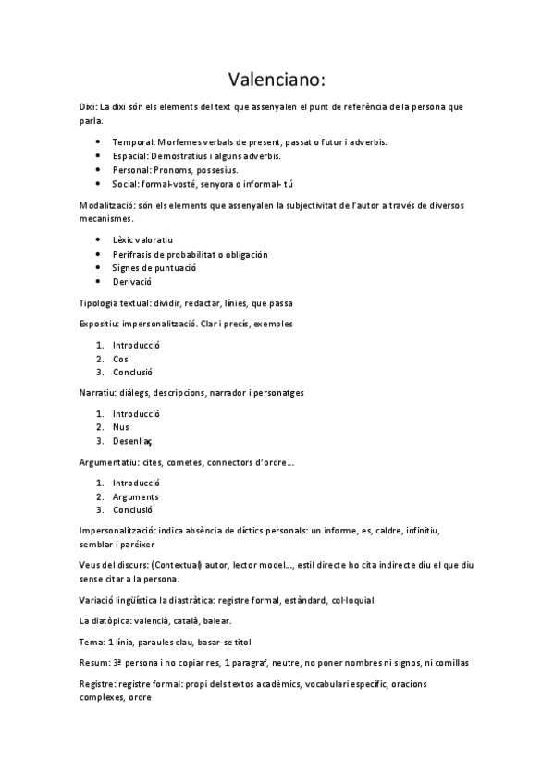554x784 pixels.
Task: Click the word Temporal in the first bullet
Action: tap(132, 142)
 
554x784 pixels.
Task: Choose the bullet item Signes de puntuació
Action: tap(154, 267)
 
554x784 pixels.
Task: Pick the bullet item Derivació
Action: tap(132, 281)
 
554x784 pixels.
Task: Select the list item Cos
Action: tap(120, 359)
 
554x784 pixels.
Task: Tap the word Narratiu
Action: tap(97, 392)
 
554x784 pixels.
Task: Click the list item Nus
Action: tap(121, 426)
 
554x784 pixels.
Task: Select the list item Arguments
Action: tap(136, 496)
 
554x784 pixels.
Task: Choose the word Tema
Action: tap(92, 642)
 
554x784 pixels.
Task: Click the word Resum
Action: tap(94, 663)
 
